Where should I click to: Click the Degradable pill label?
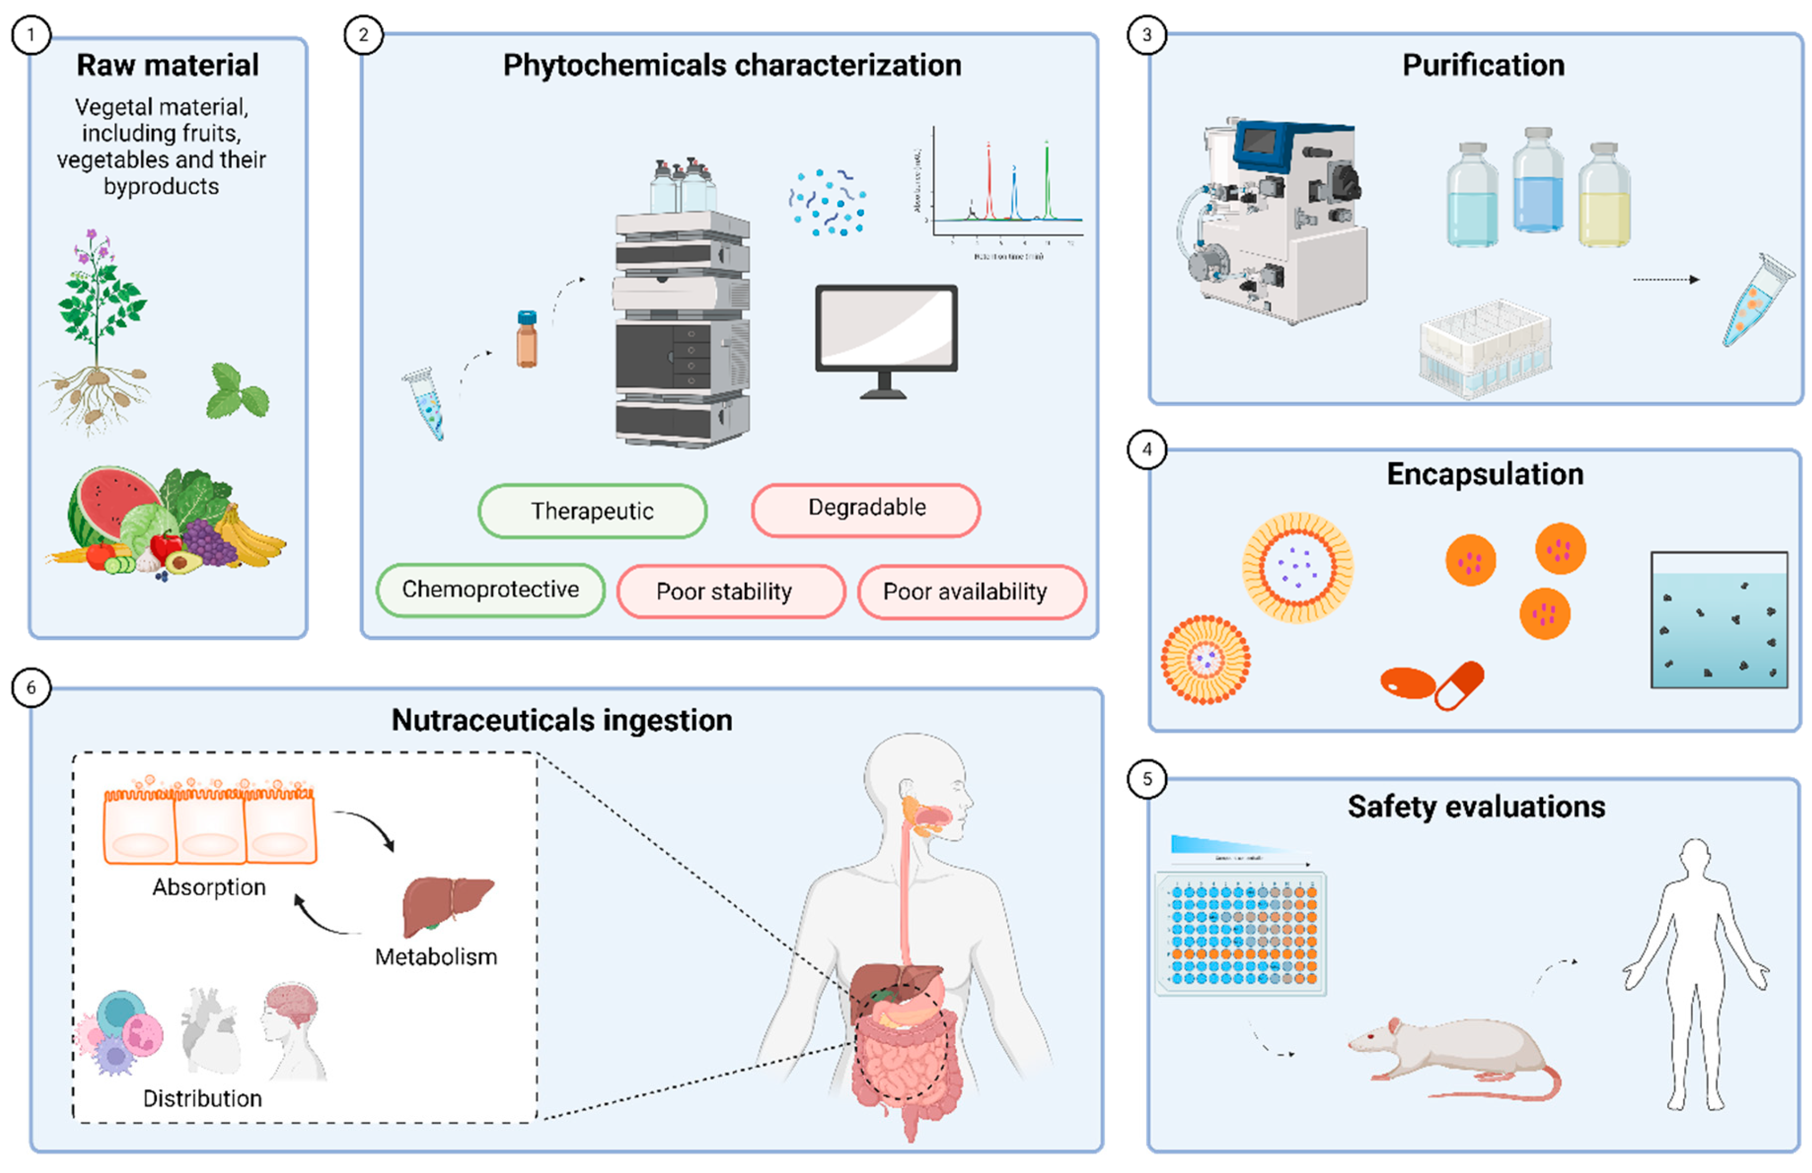pos(866,508)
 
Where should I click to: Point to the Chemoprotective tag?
pos(490,589)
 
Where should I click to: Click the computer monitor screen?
pos(886,327)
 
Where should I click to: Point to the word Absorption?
pos(209,887)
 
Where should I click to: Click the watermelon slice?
pos(111,503)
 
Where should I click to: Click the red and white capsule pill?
pos(1458,685)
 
